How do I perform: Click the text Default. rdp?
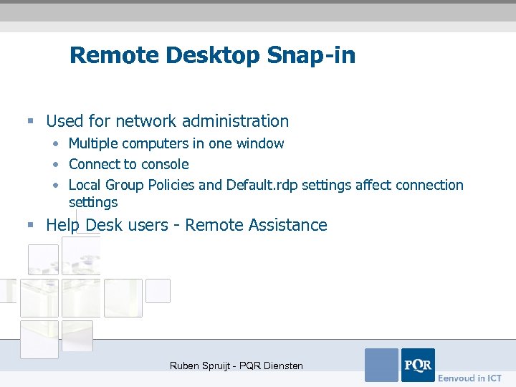click(x=262, y=185)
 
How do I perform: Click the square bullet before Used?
click(x=31, y=121)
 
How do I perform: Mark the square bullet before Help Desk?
click(x=31, y=225)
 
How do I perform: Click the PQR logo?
click(x=417, y=365)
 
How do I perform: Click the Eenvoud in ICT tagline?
click(x=470, y=378)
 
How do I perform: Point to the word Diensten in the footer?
click(x=282, y=365)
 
